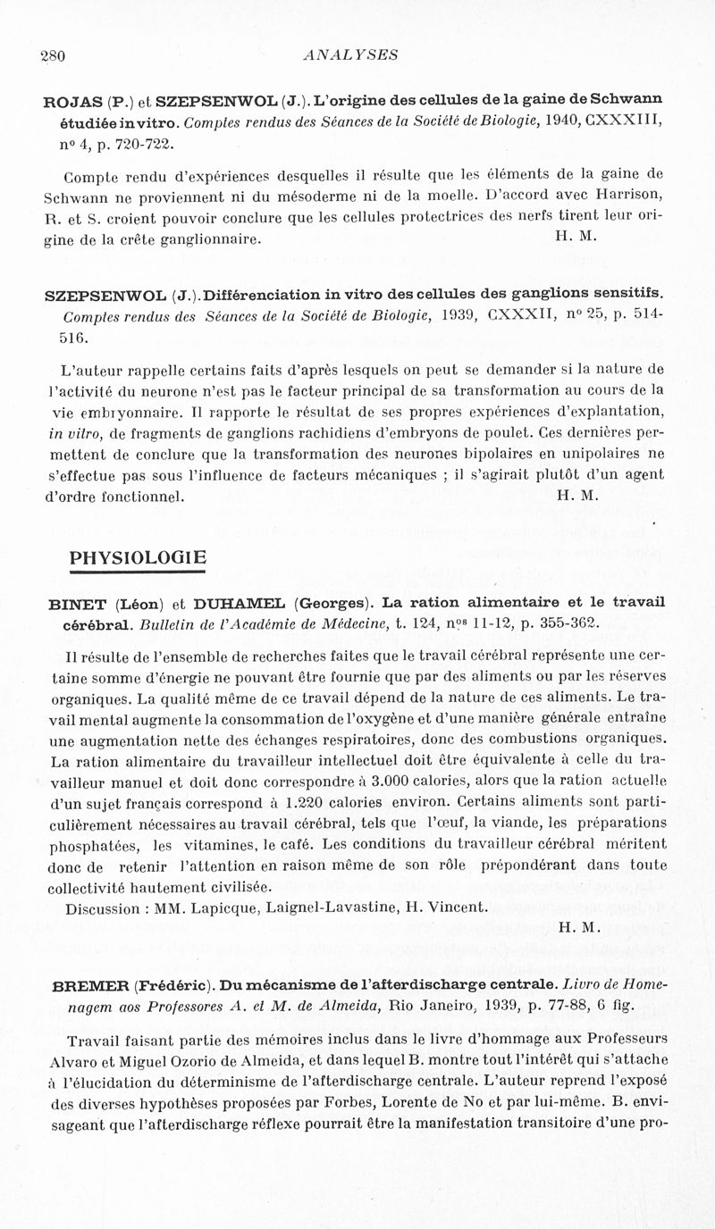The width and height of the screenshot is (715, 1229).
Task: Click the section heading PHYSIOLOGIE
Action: point(138,559)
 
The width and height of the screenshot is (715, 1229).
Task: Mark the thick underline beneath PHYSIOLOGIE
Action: point(138,573)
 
